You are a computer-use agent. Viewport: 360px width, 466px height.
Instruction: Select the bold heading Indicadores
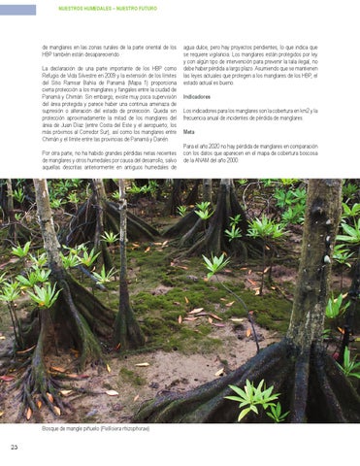click(x=197, y=97)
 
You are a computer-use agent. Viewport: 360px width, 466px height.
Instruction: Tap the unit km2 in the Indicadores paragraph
click(x=308, y=111)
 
